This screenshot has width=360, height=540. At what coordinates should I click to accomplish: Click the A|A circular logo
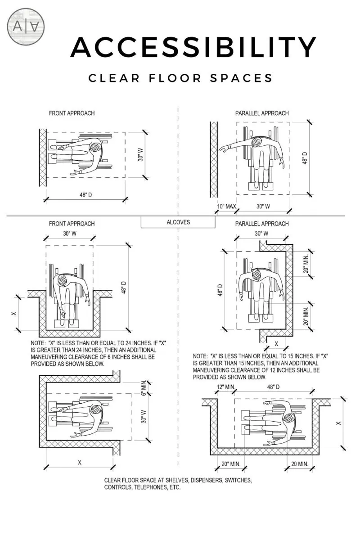pyautogui.click(x=26, y=26)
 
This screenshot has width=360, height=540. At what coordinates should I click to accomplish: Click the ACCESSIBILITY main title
pyautogui.click(x=193, y=47)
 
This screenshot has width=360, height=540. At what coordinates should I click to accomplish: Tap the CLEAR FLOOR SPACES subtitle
pyautogui.click(x=180, y=78)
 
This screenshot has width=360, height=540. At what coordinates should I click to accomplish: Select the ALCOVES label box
pyautogui.click(x=178, y=222)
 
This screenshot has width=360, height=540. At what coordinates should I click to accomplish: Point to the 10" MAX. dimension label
pyautogui.click(x=227, y=207)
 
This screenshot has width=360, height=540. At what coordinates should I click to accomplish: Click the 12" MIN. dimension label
pyautogui.click(x=226, y=387)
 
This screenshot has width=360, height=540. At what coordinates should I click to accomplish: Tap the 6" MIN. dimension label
pyautogui.click(x=144, y=387)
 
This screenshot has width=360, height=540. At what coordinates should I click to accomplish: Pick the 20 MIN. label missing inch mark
pyautogui.click(x=300, y=463)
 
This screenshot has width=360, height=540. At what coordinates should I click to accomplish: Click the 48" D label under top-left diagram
pyautogui.click(x=86, y=195)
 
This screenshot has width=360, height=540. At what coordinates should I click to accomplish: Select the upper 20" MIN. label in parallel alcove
pyautogui.click(x=306, y=264)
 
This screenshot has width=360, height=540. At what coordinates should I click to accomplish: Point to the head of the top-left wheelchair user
pyautogui.click(x=96, y=147)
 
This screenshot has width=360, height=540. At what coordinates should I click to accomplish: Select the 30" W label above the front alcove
pyautogui.click(x=70, y=234)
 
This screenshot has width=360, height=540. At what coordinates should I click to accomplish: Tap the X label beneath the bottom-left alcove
pyautogui.click(x=80, y=463)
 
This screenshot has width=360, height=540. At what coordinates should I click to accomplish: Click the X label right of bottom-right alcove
pyautogui.click(x=338, y=423)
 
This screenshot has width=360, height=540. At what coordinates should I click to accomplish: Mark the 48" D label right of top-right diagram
pyautogui.click(x=305, y=158)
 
